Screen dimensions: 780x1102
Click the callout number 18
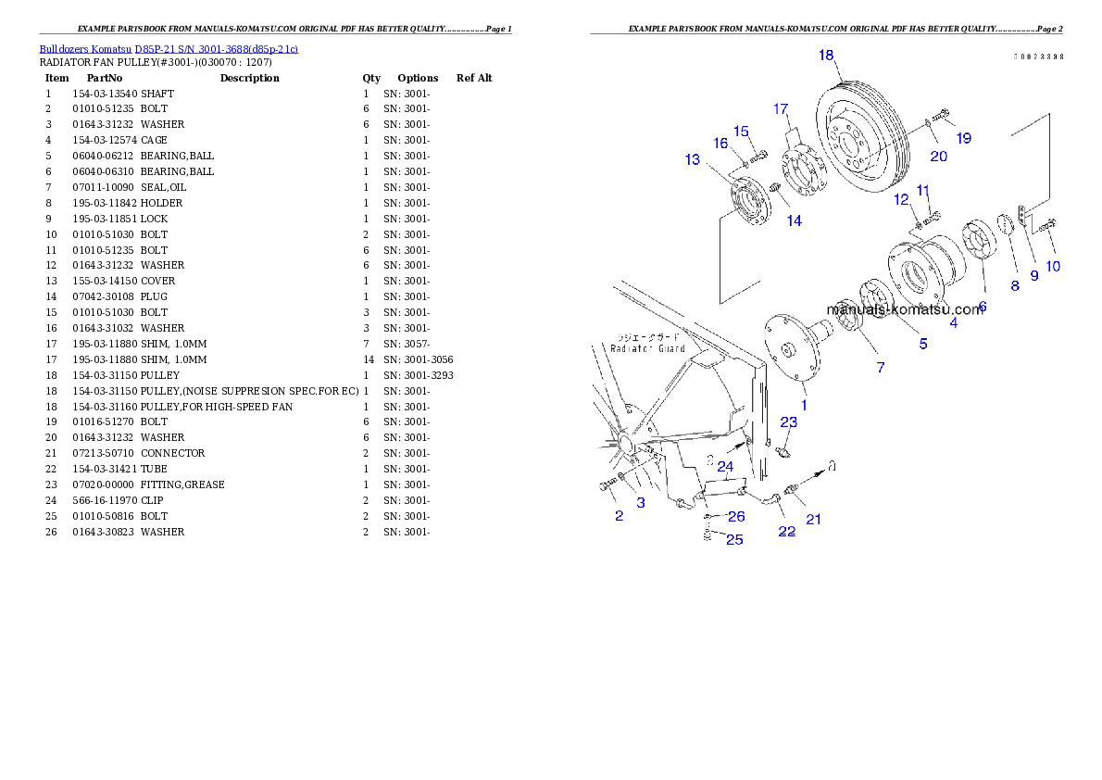pos(826,56)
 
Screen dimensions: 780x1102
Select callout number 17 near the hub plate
pos(781,108)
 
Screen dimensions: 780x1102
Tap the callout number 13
pos(693,159)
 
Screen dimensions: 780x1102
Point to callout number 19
pos(964,138)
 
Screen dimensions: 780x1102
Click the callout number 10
pos(1053,267)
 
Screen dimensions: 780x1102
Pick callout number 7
pos(880,367)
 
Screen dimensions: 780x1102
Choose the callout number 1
pos(804,404)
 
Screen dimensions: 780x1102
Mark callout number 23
pos(788,422)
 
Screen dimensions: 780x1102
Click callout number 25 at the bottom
pos(734,539)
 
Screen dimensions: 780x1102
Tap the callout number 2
pos(619,515)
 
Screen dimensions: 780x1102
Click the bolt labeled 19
pos(940,116)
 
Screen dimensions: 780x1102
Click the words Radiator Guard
pos(647,348)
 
